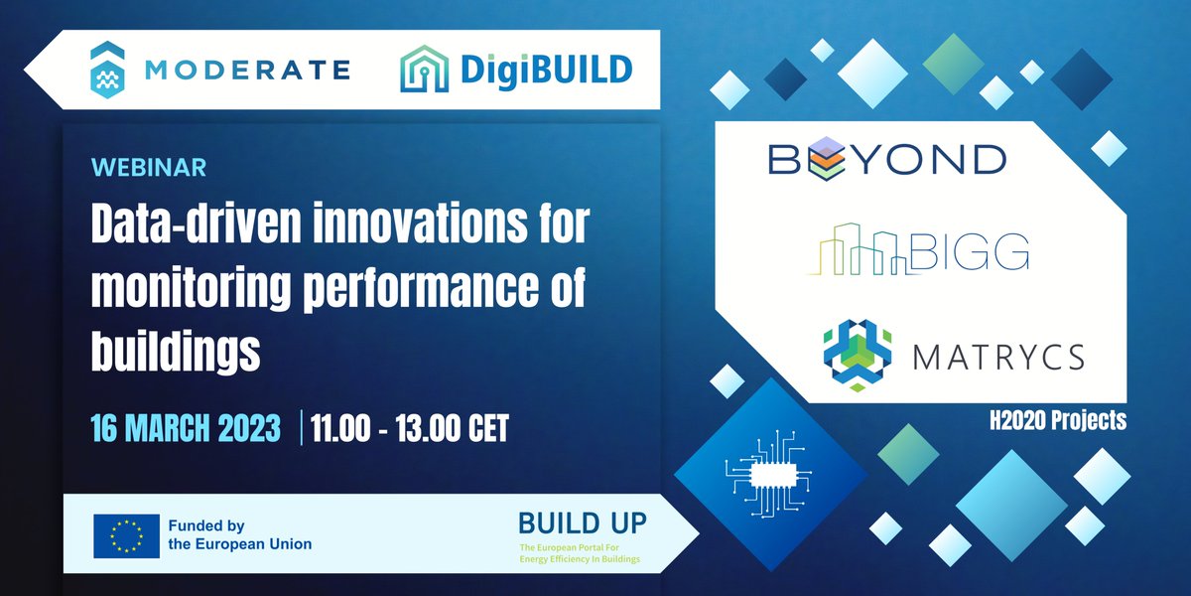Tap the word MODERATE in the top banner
click(x=246, y=70)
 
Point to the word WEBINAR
click(x=149, y=167)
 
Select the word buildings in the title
click(x=176, y=350)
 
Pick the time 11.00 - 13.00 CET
click(x=409, y=428)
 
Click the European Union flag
click(x=126, y=535)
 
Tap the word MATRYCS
click(x=998, y=356)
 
